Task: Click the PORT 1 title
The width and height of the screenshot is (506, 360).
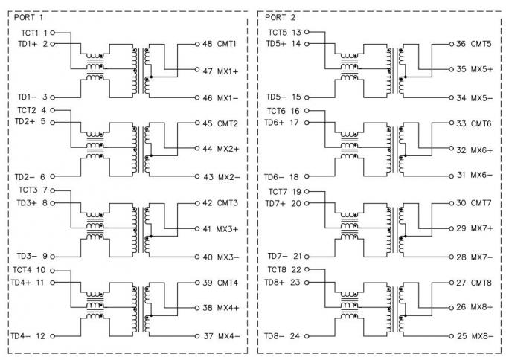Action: [28, 17]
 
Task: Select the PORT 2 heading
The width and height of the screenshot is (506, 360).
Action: [280, 17]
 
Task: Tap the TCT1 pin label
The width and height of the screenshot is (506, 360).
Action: [30, 33]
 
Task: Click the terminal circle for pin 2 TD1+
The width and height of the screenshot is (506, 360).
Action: [53, 44]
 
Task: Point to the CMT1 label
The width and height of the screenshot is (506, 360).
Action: [226, 44]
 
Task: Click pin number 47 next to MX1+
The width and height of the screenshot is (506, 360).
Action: [207, 71]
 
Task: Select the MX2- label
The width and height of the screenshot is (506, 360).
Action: [228, 177]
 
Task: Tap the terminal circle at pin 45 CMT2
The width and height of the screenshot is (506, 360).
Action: [197, 123]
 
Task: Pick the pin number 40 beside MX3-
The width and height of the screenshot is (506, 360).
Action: [208, 257]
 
